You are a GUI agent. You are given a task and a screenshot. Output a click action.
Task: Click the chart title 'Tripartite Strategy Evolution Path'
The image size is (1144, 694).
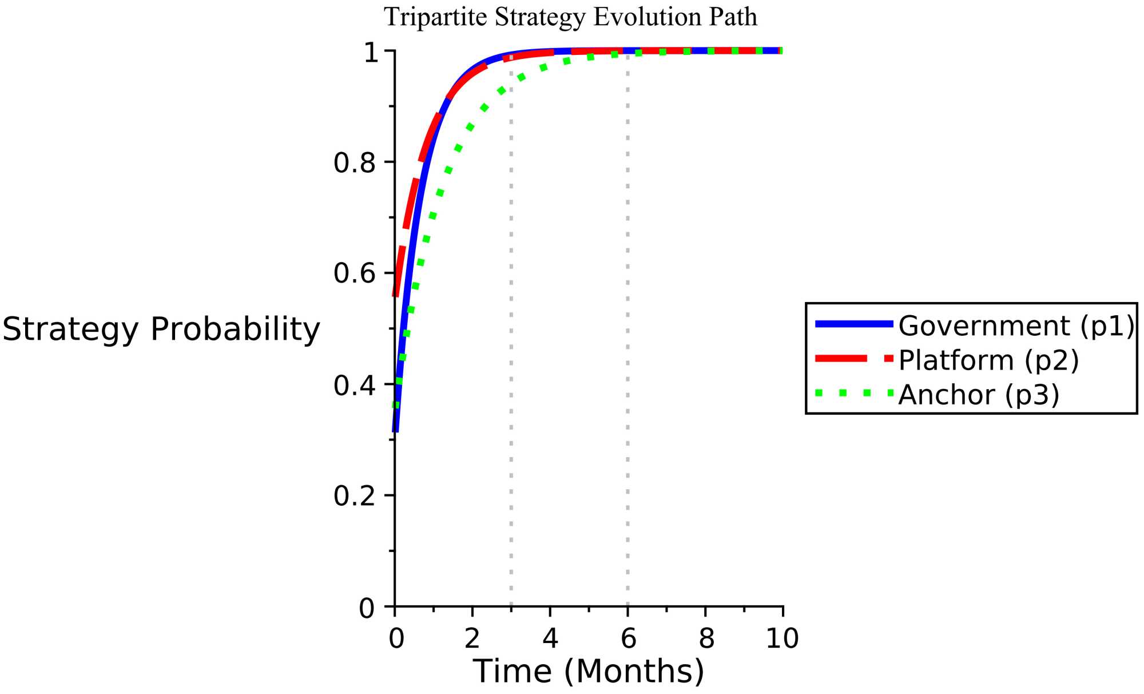pos(570,17)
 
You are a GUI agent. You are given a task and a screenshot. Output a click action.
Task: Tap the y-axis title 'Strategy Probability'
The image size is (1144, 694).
pos(161,330)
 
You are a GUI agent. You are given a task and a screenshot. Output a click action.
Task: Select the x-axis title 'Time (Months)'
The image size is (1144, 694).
pos(589,671)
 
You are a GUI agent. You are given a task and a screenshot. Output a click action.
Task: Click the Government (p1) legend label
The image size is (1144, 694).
pos(1016,326)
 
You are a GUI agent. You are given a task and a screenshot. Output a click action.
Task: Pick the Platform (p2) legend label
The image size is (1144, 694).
pos(988,360)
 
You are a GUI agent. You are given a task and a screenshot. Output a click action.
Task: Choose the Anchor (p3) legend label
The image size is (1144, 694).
pos(979,395)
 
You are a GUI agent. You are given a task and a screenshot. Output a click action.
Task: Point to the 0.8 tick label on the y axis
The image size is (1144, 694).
pos(354,164)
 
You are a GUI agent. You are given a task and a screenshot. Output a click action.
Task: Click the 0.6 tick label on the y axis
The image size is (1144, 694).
pos(354,273)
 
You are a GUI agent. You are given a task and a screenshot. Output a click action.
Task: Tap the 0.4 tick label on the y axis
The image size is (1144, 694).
pos(354,387)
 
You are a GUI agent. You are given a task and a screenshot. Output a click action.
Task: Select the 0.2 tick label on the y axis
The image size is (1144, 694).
pos(354,496)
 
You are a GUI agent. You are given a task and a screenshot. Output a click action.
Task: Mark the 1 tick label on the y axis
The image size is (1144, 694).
pos(371,53)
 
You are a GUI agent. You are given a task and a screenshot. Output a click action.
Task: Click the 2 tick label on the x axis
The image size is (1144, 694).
pos(472,639)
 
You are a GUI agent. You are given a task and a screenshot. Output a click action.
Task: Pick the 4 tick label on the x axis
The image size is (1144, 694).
pos(550,639)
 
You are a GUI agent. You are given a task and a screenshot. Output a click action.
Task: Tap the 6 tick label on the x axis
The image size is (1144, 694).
pos(628,639)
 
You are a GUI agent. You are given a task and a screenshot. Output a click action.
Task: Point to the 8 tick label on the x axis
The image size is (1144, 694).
pos(706,639)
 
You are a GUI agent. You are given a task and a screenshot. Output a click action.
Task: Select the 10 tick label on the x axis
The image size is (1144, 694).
pos(782,639)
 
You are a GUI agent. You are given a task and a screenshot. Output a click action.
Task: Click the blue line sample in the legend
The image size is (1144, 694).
pos(854,324)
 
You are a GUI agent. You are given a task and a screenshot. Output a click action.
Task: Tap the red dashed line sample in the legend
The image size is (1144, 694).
pos(854,359)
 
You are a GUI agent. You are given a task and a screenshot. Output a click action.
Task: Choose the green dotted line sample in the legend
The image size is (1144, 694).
pos(854,393)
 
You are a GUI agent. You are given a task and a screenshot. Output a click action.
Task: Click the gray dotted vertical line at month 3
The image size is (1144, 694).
pos(511,343)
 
